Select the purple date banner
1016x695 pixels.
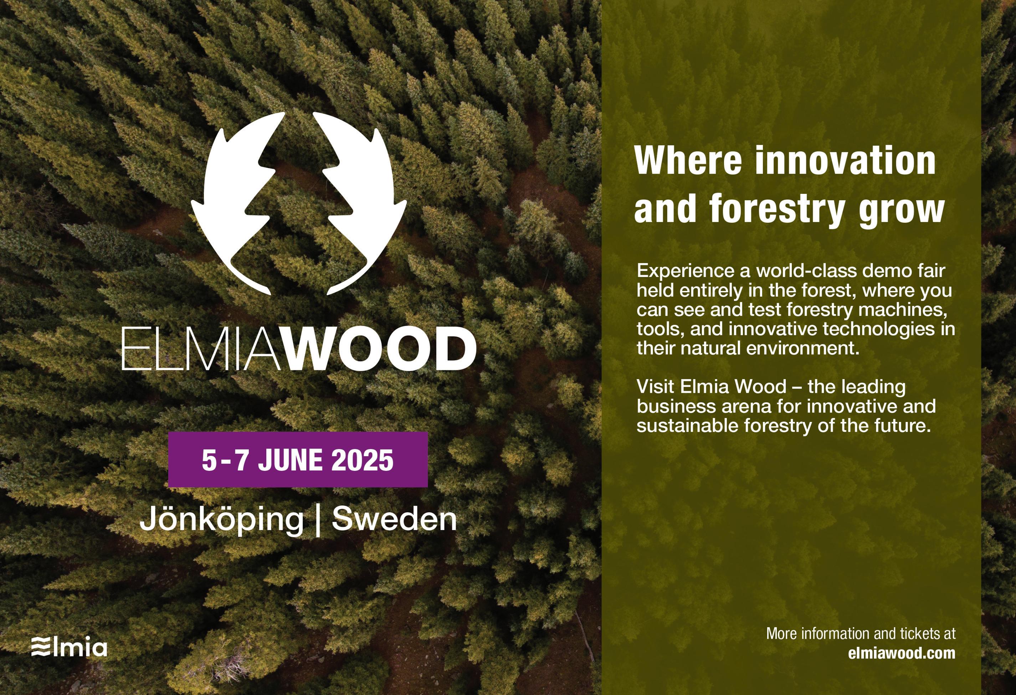coord(298,459)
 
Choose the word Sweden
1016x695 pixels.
coord(394,519)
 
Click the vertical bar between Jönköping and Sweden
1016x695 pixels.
coord(318,520)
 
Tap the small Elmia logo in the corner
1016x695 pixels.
coord(69,647)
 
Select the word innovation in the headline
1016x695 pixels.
coord(846,160)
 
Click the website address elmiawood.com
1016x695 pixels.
coord(902,653)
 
